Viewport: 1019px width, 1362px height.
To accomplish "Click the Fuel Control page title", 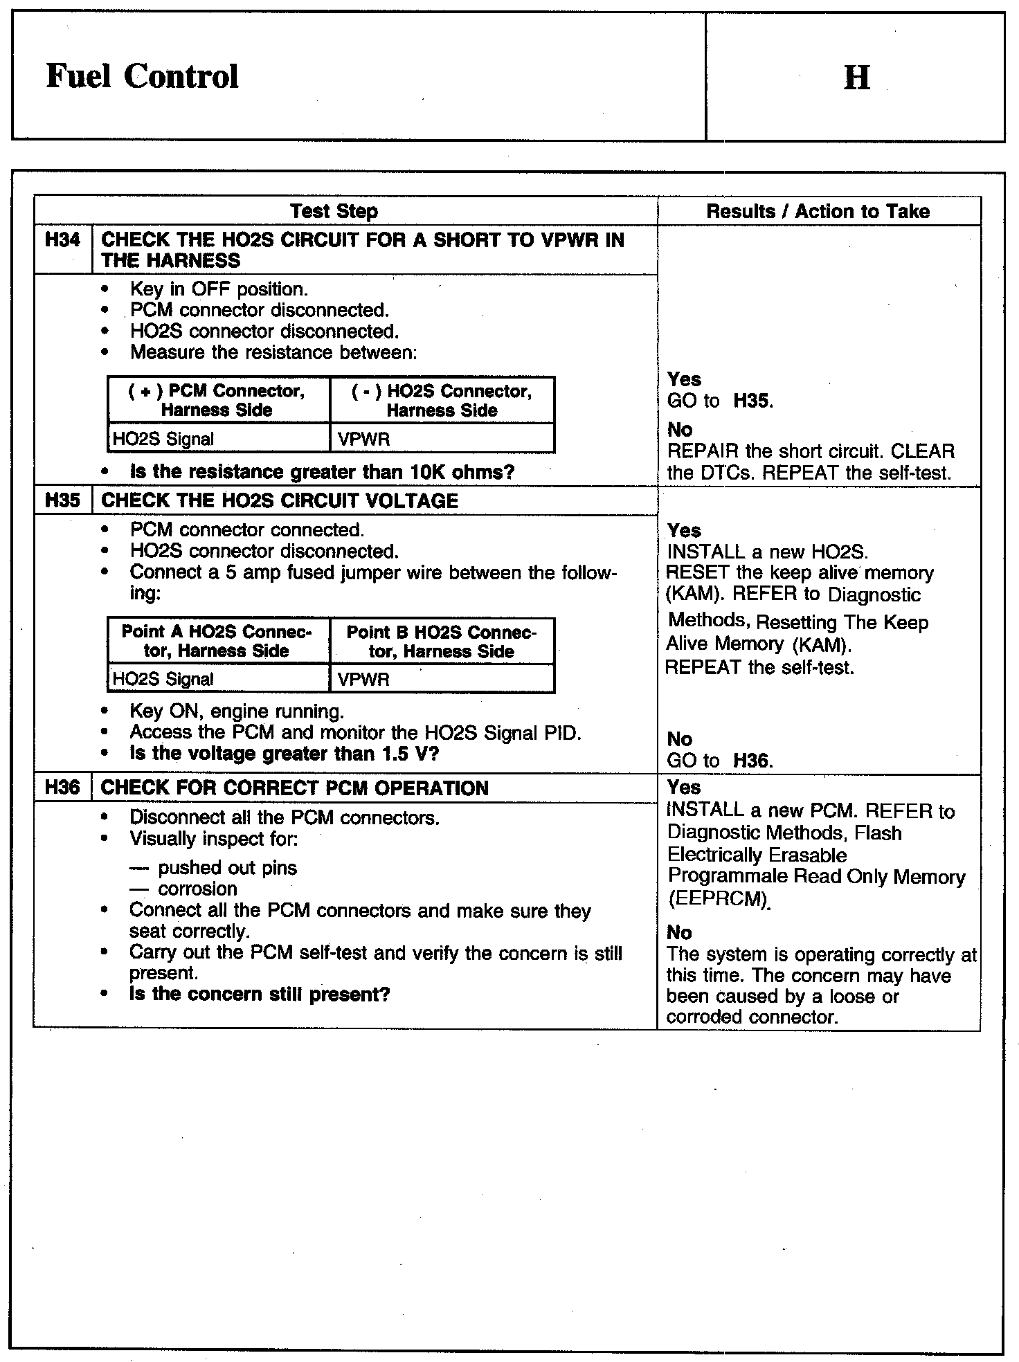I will [x=143, y=76].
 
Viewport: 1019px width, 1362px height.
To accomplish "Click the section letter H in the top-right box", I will [x=856, y=78].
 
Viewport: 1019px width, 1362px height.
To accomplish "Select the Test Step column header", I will [x=334, y=211].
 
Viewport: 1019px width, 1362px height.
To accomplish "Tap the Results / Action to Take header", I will [x=818, y=211].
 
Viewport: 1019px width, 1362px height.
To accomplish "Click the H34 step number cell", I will [x=62, y=241].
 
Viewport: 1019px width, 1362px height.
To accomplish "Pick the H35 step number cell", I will [x=62, y=500].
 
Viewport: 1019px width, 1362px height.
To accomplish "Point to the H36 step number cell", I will [x=62, y=788].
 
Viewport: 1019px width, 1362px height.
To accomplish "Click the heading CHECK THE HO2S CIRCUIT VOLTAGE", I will [x=280, y=501].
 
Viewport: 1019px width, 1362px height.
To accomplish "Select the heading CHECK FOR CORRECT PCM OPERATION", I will [x=295, y=788].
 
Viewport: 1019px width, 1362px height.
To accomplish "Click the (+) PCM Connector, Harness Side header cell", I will [x=217, y=400].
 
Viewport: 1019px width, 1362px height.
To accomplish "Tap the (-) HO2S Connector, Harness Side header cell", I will [x=442, y=400].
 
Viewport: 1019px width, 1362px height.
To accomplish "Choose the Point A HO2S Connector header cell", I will [x=217, y=641].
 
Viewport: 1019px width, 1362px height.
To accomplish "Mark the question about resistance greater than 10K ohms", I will [x=322, y=472].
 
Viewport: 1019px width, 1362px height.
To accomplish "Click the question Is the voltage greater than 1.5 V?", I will [x=284, y=754].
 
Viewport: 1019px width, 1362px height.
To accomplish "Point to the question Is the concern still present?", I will [x=260, y=995].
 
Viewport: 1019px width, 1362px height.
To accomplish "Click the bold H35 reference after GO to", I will [x=752, y=401].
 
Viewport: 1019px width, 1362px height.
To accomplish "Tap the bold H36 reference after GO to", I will [x=752, y=761].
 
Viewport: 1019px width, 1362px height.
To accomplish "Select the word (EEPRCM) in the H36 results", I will [x=718, y=899].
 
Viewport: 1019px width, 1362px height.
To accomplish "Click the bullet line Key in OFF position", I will [x=219, y=289].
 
